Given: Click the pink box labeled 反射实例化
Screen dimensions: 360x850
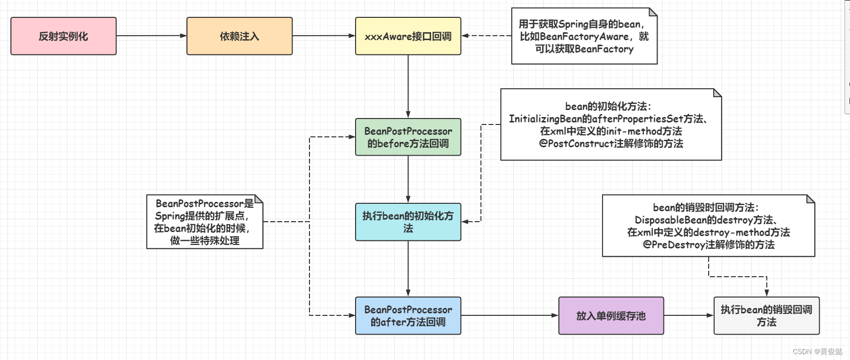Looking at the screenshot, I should point(63,36).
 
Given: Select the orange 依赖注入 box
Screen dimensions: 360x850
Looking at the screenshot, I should point(240,36).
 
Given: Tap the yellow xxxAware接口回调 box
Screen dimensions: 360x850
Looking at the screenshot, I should point(408,36).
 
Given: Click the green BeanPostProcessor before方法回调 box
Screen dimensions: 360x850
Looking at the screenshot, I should point(408,137).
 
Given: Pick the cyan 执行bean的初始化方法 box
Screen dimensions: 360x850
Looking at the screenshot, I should point(408,222).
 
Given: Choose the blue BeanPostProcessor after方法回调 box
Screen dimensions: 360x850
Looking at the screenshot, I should point(408,316).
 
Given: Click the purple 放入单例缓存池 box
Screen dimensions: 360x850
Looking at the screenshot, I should point(611,316).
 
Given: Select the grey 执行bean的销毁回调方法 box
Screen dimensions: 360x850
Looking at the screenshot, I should point(766,316).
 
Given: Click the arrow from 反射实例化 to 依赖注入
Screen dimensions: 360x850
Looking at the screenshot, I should point(151,36).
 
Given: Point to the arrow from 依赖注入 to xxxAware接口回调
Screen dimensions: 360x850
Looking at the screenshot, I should point(323,36).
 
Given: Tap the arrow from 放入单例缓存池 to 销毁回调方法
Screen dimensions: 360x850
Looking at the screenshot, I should point(688,315).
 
